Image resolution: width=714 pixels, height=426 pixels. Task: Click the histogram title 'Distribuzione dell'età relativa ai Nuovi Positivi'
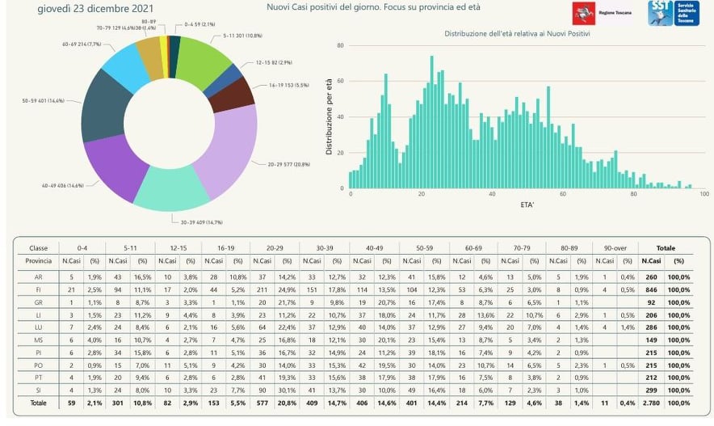(x=518, y=33)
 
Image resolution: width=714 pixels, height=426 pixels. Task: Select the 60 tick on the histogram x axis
(x=563, y=195)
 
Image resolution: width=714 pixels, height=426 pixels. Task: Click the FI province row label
(x=38, y=289)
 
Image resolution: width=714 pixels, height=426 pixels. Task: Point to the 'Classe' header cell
(x=38, y=248)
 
